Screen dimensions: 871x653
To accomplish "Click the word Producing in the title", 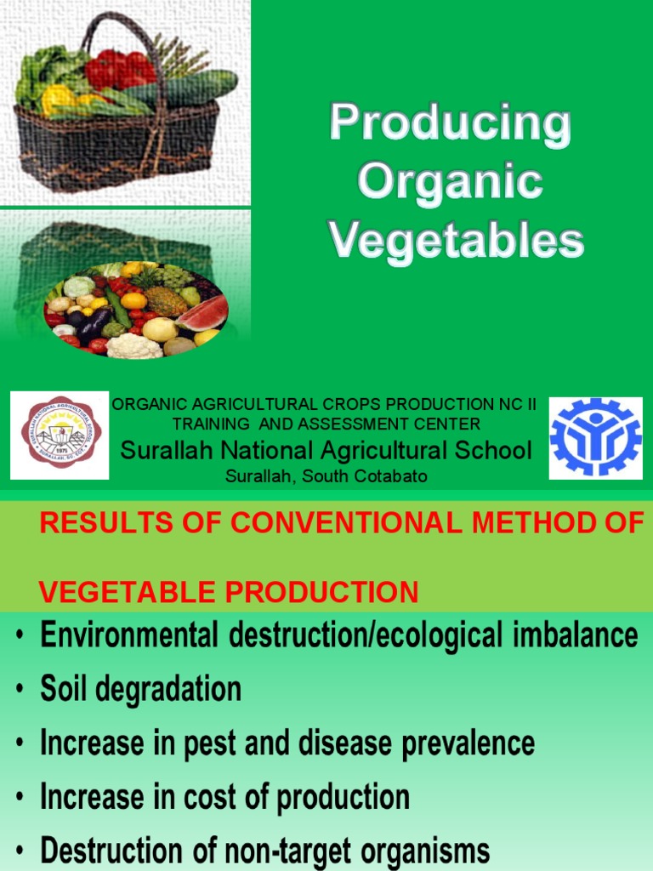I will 450,124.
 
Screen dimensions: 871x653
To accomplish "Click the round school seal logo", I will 60,436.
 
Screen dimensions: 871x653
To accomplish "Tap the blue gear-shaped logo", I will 595,436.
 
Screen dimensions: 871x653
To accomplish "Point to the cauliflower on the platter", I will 133,346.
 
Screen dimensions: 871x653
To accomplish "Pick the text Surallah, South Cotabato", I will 326,476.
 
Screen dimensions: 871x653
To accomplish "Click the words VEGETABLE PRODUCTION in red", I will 230,592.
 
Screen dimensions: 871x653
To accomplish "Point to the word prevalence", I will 469,743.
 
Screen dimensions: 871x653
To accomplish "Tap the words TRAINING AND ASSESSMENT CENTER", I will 326,424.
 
